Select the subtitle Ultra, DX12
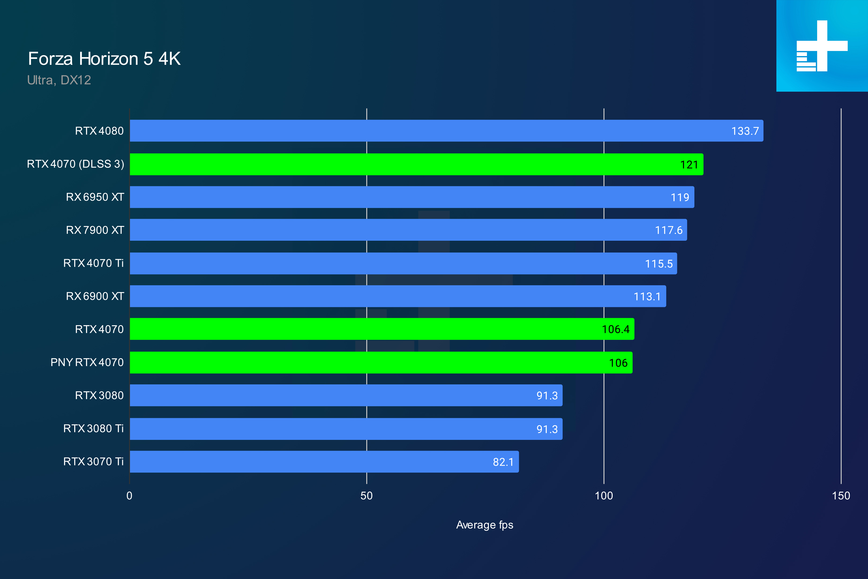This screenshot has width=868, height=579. [x=59, y=80]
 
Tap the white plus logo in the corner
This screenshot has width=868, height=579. [x=822, y=46]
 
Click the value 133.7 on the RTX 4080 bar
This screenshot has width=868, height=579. [x=745, y=131]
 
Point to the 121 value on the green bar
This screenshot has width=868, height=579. [x=689, y=165]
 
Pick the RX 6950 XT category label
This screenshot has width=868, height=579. [x=95, y=197]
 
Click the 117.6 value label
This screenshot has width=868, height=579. [x=668, y=231]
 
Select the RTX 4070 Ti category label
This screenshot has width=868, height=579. [x=93, y=263]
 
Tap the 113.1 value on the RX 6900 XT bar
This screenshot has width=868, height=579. [x=647, y=296]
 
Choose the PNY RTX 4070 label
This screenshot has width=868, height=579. [x=87, y=362]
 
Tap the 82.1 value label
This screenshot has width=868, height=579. [x=503, y=462]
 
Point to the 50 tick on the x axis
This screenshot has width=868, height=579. [x=366, y=496]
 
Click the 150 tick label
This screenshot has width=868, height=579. [x=841, y=496]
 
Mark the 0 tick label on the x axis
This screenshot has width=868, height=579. [x=129, y=496]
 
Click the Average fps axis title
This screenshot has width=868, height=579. [x=485, y=525]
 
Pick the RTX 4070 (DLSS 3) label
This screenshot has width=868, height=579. [x=75, y=164]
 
